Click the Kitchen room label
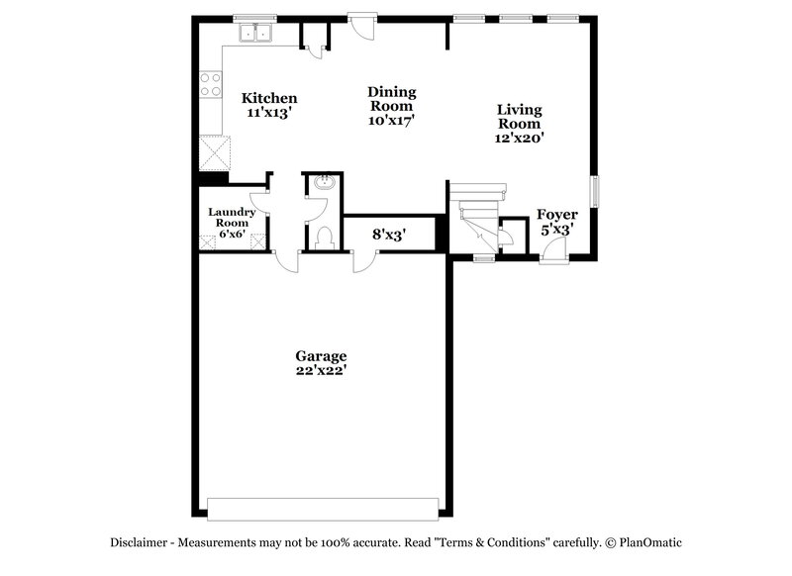pyautogui.click(x=269, y=98)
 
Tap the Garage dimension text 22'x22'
pyautogui.click(x=321, y=370)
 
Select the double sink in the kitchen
pyautogui.click(x=256, y=34)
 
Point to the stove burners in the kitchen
pyautogui.click(x=210, y=84)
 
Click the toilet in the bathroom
pyautogui.click(x=323, y=238)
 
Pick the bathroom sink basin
pyautogui.click(x=323, y=184)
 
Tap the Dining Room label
pyautogui.click(x=392, y=99)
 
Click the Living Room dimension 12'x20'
pyautogui.click(x=519, y=140)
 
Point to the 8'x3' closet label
pyautogui.click(x=388, y=235)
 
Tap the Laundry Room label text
pyautogui.click(x=233, y=217)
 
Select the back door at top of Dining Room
pyautogui.click(x=361, y=24)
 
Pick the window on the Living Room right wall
pyautogui.click(x=595, y=192)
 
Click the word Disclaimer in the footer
pyautogui.click(x=142, y=542)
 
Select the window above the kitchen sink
pyautogui.click(x=254, y=17)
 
